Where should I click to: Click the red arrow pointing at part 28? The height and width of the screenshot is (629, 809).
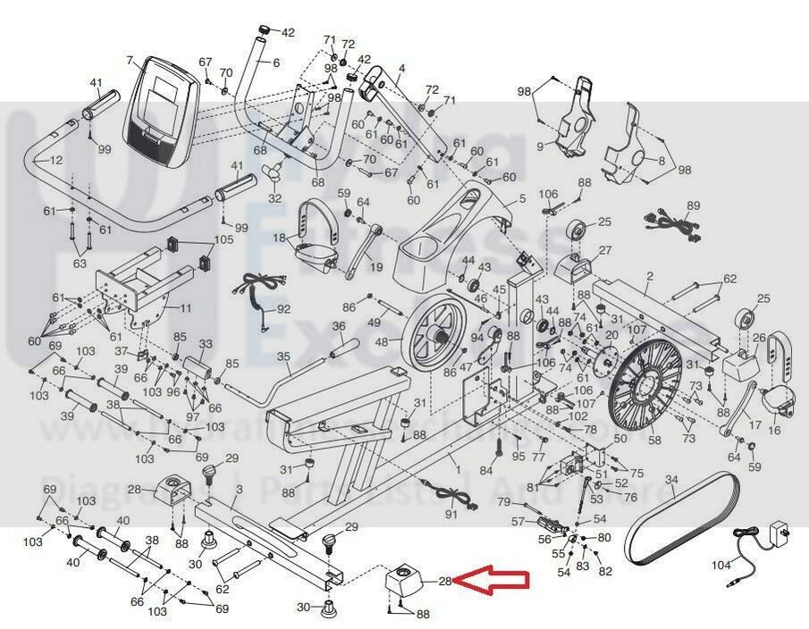tap(495, 583)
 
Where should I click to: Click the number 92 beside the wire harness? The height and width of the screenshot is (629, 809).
tap(283, 309)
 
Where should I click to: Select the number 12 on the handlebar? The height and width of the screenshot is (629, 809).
tap(55, 161)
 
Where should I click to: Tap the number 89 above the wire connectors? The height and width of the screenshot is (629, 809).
tap(694, 206)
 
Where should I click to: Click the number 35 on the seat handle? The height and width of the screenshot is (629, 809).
tap(283, 357)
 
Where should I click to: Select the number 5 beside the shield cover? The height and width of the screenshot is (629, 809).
tap(523, 199)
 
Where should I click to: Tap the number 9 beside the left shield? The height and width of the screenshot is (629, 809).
tap(541, 146)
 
